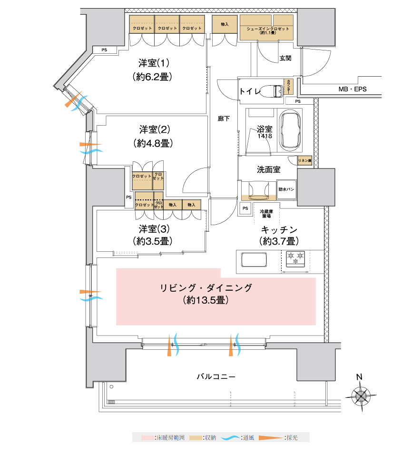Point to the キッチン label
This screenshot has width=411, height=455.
pyautogui.click(x=279, y=228)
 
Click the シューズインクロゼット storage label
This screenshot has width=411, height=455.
pyautogui.click(x=268, y=30)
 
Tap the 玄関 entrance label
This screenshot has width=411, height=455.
pyautogui.click(x=285, y=58)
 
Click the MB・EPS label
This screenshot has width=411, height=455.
pyautogui.click(x=352, y=89)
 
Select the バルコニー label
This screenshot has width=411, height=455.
pyautogui.click(x=216, y=376)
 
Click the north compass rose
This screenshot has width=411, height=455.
pyautogui.click(x=360, y=395)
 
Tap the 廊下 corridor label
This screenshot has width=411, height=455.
pyautogui.click(x=224, y=119)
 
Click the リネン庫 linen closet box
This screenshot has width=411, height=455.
pyautogui.click(x=304, y=161)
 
